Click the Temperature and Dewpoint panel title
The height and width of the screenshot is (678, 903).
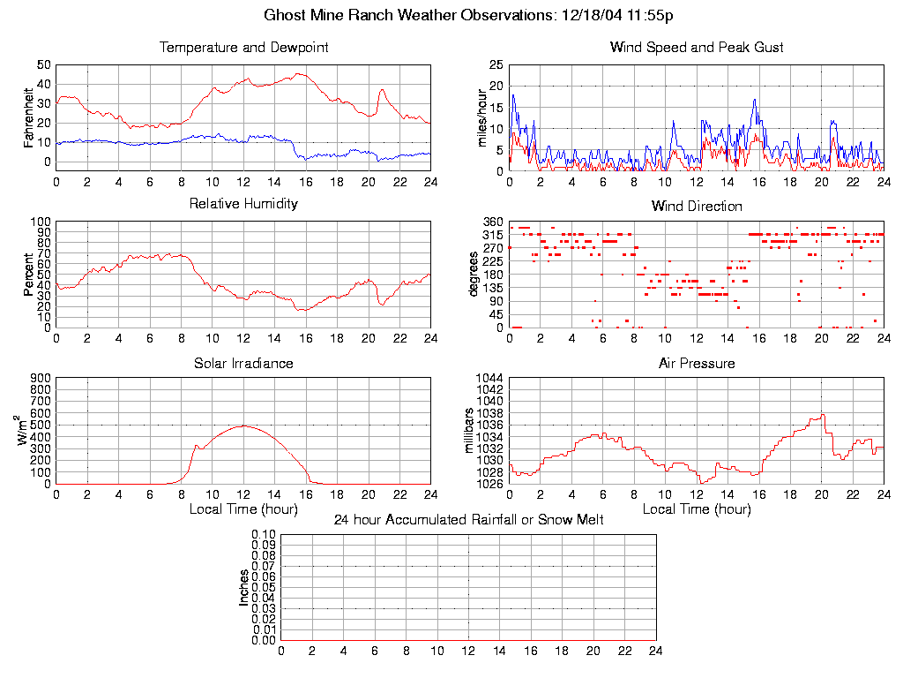tap(243, 47)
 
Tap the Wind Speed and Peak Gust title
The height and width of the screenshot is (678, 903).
tap(697, 47)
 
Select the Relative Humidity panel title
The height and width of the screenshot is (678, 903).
tap(243, 204)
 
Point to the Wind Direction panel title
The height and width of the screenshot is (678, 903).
tap(697, 206)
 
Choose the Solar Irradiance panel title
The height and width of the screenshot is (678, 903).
tap(243, 363)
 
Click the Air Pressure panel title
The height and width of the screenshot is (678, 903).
tap(697, 363)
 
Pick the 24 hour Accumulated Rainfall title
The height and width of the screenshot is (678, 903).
tap(468, 520)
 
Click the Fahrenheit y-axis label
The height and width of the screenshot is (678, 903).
tap(28, 117)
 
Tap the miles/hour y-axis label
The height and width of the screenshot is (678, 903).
tap(481, 117)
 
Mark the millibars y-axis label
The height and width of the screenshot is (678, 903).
tap(471, 431)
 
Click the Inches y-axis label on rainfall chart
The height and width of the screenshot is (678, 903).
tap(243, 587)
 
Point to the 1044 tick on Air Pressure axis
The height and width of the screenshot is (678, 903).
tap(489, 378)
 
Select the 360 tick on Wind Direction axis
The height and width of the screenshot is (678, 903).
tap(492, 222)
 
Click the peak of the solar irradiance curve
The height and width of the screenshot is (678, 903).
tap(243, 426)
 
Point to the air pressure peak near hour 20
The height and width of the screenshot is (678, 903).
tap(823, 414)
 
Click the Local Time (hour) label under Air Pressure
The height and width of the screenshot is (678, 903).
tap(697, 509)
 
